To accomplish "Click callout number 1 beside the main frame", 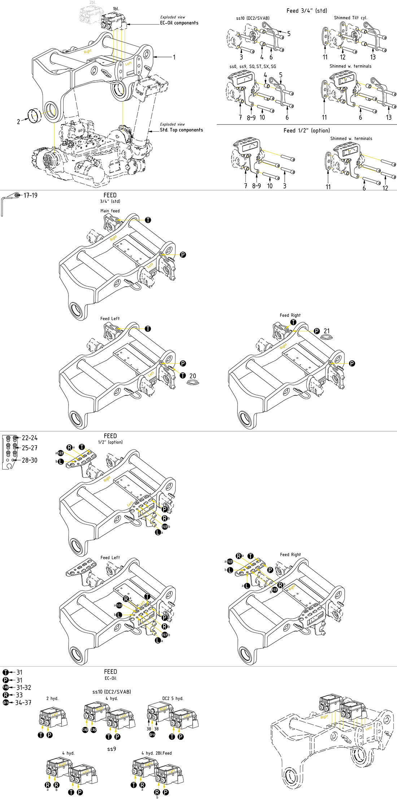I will [x=174, y=57].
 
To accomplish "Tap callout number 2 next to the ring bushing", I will [x=18, y=122].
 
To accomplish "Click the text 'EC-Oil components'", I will [x=179, y=23].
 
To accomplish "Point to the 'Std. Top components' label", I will [x=181, y=130].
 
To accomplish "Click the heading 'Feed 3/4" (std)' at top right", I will [x=306, y=10].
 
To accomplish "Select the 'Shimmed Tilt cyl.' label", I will [x=350, y=18].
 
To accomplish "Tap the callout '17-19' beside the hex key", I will [x=30, y=195].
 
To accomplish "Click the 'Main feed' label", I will [x=110, y=211].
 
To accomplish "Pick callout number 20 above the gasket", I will [x=193, y=376].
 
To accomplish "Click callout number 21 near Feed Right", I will [x=327, y=331].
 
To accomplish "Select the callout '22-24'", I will [x=30, y=438].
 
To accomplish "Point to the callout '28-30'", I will [x=30, y=460].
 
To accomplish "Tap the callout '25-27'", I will [x=30, y=448].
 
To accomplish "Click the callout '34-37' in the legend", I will [x=23, y=703].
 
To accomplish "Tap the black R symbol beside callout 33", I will [x=6, y=695].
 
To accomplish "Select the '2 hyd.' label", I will [x=52, y=698].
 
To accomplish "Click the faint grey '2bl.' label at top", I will [x=93, y=3].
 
